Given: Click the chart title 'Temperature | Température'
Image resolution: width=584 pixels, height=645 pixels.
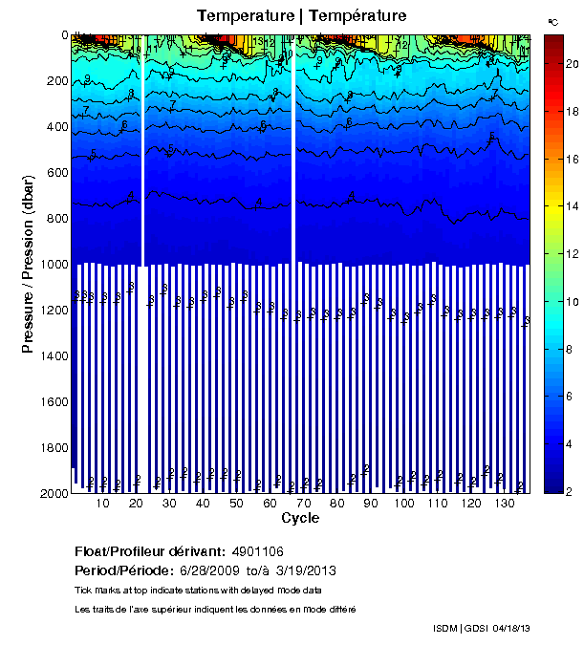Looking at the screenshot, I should [302, 16].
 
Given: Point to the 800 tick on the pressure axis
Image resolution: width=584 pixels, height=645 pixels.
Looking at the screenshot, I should [54, 218].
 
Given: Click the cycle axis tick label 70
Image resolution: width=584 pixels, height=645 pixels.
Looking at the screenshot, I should [303, 504].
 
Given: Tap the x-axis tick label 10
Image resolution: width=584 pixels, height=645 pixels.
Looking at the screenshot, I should [103, 504].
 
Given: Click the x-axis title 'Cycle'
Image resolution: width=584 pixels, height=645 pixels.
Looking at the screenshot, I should [300, 519].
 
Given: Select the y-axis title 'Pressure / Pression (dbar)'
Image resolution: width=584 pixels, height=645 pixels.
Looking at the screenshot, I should [28, 264].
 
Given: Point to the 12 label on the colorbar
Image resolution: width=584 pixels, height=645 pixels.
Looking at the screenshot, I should [572, 253].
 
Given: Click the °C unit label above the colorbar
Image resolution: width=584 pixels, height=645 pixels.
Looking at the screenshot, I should [552, 21].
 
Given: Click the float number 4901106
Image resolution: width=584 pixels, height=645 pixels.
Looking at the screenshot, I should [257, 551].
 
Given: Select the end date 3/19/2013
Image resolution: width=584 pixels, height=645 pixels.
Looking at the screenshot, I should [303, 570].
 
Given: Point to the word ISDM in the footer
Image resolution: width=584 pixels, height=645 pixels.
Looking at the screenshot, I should [445, 628].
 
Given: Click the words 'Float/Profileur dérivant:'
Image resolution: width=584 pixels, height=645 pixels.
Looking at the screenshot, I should [150, 551].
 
